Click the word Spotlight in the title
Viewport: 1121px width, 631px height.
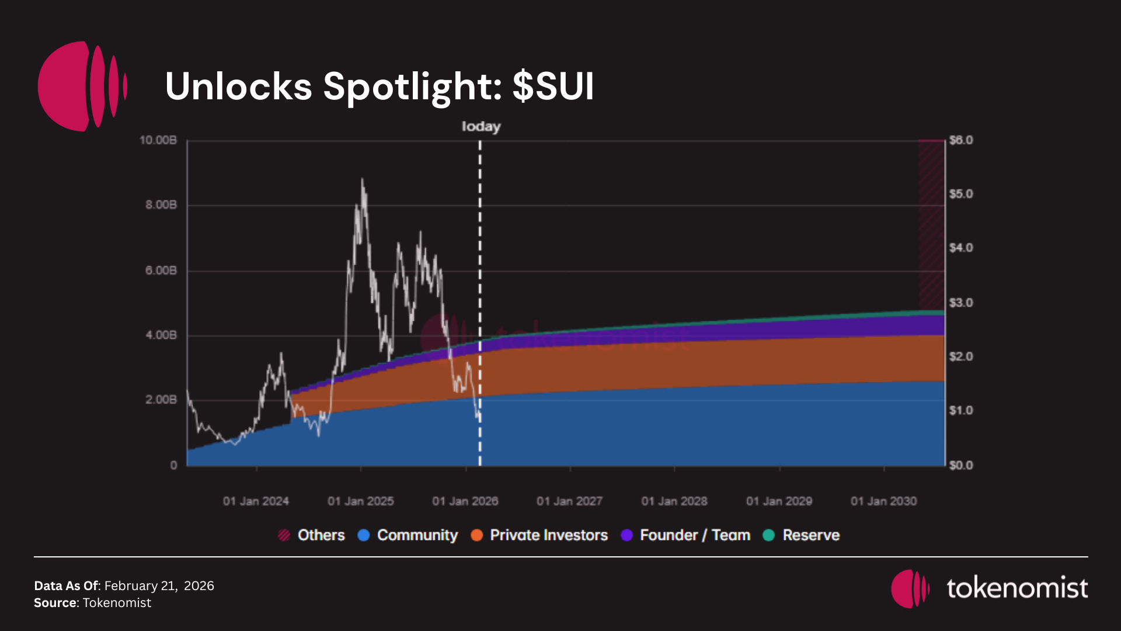[412, 86]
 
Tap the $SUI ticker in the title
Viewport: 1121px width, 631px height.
[553, 86]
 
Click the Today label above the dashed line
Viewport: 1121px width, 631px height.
[481, 126]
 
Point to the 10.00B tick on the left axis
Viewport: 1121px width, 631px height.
[158, 140]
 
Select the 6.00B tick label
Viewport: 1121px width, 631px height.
[161, 271]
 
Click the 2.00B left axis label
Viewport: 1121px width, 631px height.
[161, 400]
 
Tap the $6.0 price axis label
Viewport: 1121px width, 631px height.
[961, 140]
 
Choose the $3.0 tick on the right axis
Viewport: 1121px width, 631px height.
[961, 303]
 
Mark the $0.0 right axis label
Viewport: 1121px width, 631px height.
[961, 465]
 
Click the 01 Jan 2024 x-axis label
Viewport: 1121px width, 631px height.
[256, 501]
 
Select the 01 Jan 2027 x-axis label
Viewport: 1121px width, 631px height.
[569, 501]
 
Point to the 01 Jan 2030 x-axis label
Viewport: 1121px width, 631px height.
[883, 501]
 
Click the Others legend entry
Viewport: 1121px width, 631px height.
[321, 535]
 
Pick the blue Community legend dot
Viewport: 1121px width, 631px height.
[364, 535]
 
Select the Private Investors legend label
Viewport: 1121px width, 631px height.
[548, 535]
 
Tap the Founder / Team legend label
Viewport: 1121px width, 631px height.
[695, 535]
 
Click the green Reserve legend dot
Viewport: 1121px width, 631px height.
[769, 535]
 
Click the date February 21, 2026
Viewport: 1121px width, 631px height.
[159, 585]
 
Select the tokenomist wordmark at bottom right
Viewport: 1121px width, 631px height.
[1017, 588]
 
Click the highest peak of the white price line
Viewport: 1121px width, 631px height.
[362, 180]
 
